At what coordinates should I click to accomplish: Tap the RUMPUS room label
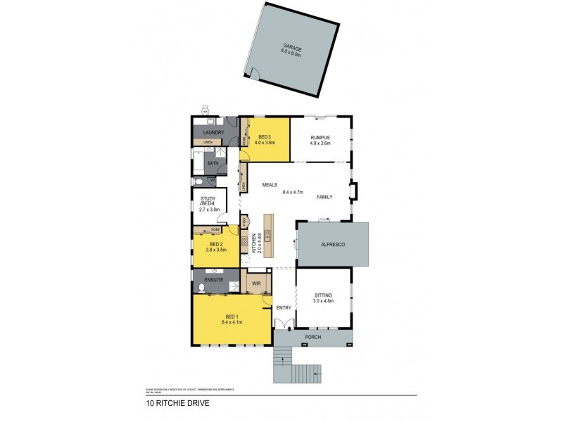coord(320,137)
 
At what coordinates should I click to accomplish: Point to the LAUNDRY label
coord(213,132)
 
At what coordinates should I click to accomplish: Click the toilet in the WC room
coord(200,181)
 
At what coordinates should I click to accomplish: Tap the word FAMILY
coord(324,197)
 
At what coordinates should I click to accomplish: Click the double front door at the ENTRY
coord(284,325)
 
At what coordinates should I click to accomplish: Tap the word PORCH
coord(314,338)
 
